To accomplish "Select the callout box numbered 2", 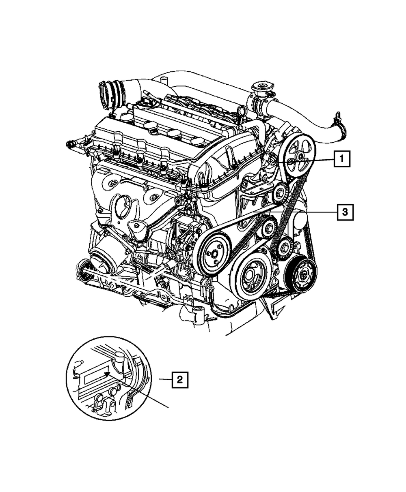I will point(179,380).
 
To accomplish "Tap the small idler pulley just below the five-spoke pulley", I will point(280,192).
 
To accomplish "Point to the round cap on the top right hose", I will point(259,88).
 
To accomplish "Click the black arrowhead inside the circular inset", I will point(107,374).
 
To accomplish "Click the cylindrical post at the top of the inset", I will point(119,359).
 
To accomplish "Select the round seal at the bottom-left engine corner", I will point(84,270).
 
